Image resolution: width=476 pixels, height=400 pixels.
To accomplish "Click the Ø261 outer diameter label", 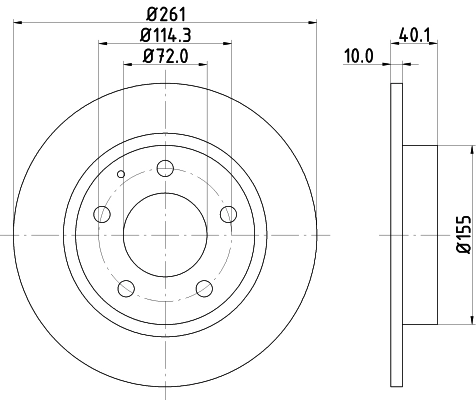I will (x=166, y=15).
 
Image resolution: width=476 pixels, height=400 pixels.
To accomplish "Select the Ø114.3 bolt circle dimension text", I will (x=166, y=36).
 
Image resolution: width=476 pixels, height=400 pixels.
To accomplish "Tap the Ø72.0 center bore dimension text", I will (x=166, y=57).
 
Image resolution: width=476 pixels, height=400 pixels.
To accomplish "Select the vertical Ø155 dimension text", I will (x=463, y=232).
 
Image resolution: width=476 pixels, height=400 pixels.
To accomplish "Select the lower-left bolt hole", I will (x=126, y=288).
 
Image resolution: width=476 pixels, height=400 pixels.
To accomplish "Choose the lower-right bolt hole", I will (x=205, y=288).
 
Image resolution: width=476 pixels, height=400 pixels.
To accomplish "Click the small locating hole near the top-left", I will (x=120, y=176).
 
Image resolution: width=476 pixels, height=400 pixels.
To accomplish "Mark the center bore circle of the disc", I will (x=166, y=235).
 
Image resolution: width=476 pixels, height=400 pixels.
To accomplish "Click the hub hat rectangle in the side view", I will (x=420, y=234).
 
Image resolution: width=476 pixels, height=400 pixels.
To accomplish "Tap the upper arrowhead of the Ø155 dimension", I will (x=468, y=151).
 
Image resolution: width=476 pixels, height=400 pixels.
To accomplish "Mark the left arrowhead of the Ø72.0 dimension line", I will (x=127, y=65).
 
